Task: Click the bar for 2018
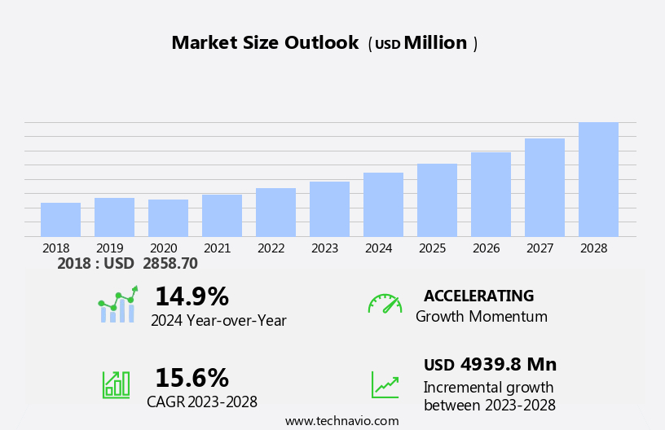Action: [x=60, y=220]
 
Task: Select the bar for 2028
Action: [x=598, y=180]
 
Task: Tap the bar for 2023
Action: [x=329, y=209]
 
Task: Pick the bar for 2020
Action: [x=168, y=218]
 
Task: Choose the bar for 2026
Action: [x=491, y=195]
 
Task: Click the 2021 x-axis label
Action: [x=217, y=248]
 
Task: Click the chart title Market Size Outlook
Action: [x=265, y=43]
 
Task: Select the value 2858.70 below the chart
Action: [x=170, y=264]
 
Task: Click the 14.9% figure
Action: [x=192, y=296]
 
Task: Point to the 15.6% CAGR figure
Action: [x=192, y=378]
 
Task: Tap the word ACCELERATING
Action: [x=478, y=296]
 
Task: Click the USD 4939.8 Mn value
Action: [x=490, y=365]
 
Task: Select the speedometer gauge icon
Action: [x=385, y=304]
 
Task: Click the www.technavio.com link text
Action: [x=341, y=421]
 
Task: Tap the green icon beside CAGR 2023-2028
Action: [x=116, y=384]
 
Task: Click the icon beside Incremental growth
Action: [x=385, y=384]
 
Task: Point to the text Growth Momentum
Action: [x=481, y=317]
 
